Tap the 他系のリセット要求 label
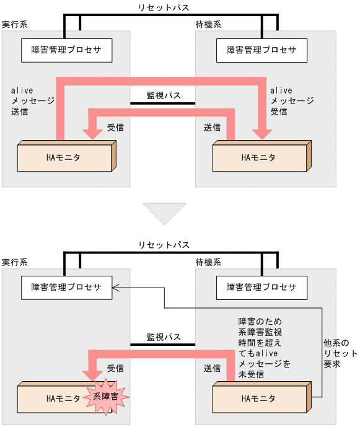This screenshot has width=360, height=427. (340, 353)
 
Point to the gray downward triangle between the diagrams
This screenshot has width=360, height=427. (164, 213)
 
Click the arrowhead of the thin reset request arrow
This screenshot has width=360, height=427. (116, 286)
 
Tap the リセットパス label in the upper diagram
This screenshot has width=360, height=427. (164, 7)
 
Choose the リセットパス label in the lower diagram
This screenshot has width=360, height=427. (164, 245)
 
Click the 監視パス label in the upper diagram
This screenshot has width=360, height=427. (164, 95)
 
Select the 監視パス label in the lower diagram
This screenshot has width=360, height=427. (164, 337)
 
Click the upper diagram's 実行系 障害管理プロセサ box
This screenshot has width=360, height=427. (66, 50)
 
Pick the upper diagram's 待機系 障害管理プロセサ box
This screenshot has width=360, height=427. (261, 50)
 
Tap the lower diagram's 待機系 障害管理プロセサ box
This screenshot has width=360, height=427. (261, 287)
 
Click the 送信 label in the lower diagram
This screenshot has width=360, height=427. (212, 368)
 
